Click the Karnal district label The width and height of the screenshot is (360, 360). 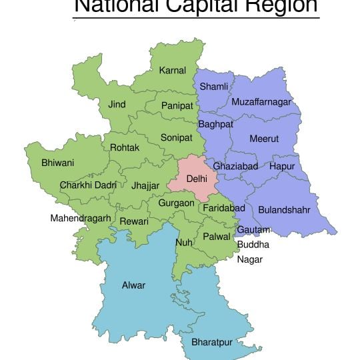(172, 70)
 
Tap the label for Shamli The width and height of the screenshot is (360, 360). (214, 87)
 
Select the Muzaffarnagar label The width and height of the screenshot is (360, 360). (261, 102)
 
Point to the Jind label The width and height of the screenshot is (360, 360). (117, 105)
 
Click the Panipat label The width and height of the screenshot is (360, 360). (177, 105)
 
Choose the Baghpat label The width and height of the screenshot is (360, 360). (215, 124)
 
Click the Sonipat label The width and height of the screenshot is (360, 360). (176, 137)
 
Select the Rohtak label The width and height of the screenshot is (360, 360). (125, 147)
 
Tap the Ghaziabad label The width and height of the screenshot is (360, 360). (235, 165)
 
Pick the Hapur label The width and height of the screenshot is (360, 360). (282, 165)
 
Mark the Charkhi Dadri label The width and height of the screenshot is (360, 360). (88, 185)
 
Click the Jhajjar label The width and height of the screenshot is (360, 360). (146, 185)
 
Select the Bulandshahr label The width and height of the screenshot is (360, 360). (284, 209)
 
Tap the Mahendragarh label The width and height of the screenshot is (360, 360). (81, 218)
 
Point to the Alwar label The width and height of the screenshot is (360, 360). (133, 285)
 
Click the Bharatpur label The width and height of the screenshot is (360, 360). (212, 342)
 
